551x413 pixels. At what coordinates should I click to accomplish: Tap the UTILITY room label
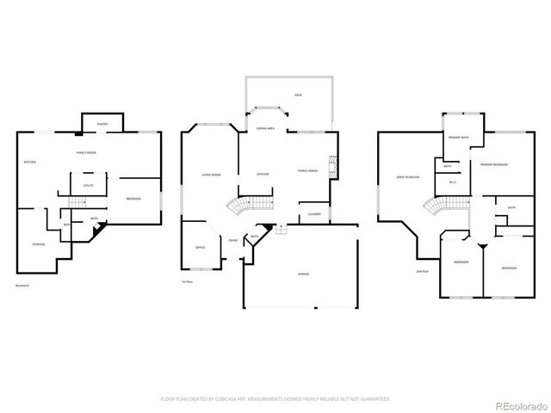pyautogui.click(x=89, y=186)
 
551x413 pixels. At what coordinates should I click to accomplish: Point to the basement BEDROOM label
pyautogui.click(x=133, y=200)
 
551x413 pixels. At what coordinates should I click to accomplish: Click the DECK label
pyautogui.click(x=298, y=95)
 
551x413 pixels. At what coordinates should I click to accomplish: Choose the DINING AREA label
pyautogui.click(x=265, y=128)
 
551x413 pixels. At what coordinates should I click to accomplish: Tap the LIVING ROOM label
pyautogui.click(x=211, y=175)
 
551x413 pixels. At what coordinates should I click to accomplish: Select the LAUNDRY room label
pyautogui.click(x=313, y=213)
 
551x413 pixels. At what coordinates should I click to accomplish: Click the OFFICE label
pyautogui.click(x=200, y=248)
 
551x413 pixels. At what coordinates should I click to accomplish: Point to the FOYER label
pyautogui.click(x=233, y=240)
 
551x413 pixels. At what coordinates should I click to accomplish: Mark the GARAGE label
pyautogui.click(x=303, y=274)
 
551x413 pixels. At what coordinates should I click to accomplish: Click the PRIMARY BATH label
pyautogui.click(x=458, y=138)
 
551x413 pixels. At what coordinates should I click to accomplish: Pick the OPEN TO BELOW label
pyautogui.click(x=407, y=176)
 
